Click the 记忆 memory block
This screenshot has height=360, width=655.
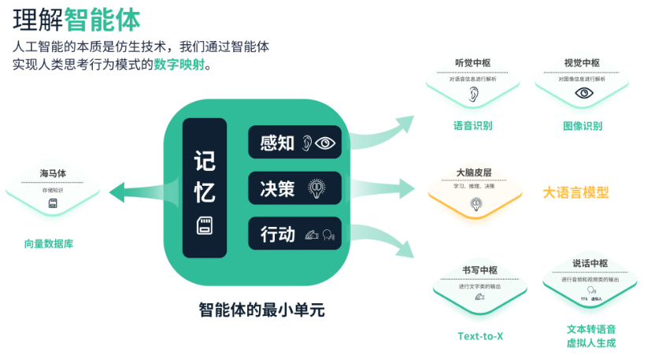tap(204, 187)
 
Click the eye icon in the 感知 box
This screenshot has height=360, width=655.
tap(324, 143)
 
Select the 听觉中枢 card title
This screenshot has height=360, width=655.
tap(472, 64)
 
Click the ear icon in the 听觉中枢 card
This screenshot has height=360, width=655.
tap(473, 94)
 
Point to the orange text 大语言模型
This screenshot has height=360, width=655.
tap(575, 192)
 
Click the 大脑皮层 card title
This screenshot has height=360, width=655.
tap(474, 172)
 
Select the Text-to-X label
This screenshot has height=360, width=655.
tap(480, 336)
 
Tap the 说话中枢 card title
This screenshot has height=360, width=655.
tap(589, 264)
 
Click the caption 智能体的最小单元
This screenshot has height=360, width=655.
tap(261, 310)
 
